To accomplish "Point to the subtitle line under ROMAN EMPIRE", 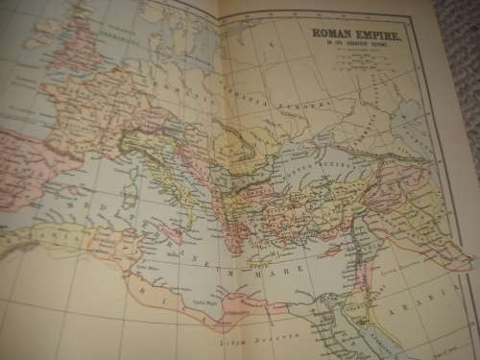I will (x=357, y=44).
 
